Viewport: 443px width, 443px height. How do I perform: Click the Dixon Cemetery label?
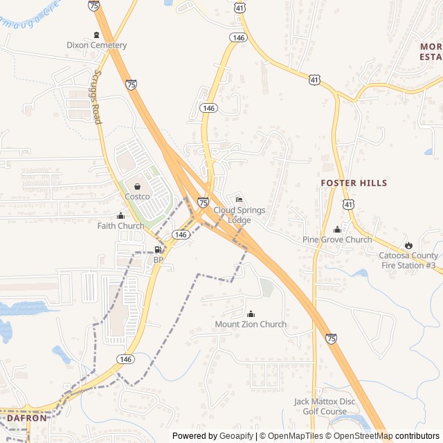(97, 46)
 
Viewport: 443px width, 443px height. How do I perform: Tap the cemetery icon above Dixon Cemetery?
(96, 35)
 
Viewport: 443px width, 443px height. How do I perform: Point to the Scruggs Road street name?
(98, 96)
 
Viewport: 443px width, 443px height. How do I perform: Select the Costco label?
(137, 197)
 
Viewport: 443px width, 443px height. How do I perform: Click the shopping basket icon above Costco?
(137, 186)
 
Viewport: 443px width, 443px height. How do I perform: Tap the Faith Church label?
(120, 226)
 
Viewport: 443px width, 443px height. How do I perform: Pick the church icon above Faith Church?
(121, 215)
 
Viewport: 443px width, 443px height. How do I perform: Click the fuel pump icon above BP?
(159, 250)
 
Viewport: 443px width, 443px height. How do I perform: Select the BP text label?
(159, 260)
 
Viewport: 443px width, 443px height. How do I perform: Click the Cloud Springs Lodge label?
(239, 215)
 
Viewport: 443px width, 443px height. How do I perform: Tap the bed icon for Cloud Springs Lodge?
(239, 200)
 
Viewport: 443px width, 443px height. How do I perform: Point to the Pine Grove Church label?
(337, 240)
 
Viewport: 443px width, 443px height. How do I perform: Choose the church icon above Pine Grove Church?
(338, 230)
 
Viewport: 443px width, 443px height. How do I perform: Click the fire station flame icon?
(408, 245)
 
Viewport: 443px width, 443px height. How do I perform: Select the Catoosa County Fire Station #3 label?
(408, 260)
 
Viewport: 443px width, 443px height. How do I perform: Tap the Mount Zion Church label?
(251, 325)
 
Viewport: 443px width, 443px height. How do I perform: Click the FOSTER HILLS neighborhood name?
(354, 183)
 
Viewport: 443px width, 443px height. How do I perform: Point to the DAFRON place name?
(27, 418)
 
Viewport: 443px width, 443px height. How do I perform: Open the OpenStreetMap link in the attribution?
(363, 436)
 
